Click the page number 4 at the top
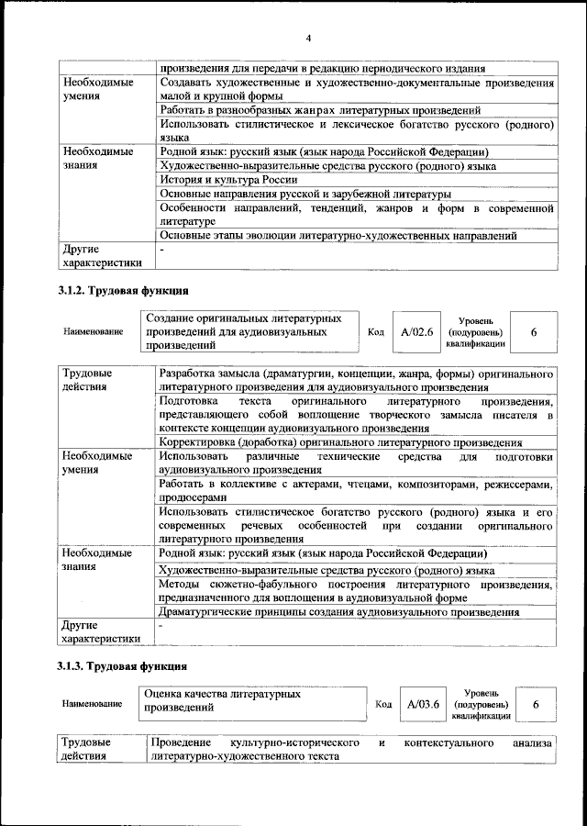click(x=309, y=38)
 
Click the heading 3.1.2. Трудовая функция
click(x=118, y=292)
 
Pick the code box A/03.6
click(x=423, y=704)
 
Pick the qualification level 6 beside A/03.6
click(x=535, y=704)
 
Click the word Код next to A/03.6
click(x=384, y=705)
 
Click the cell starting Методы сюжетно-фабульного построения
click(x=356, y=591)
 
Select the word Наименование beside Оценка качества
click(x=93, y=704)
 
